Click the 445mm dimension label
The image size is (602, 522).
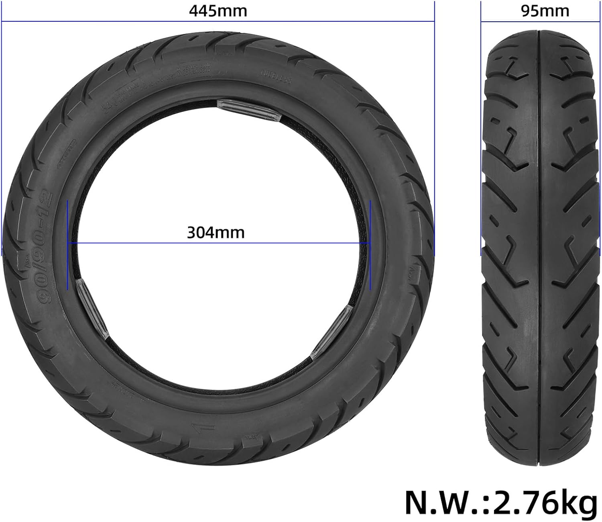(x=218, y=11)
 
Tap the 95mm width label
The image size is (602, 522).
(x=545, y=11)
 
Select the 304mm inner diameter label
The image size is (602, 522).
(x=216, y=232)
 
